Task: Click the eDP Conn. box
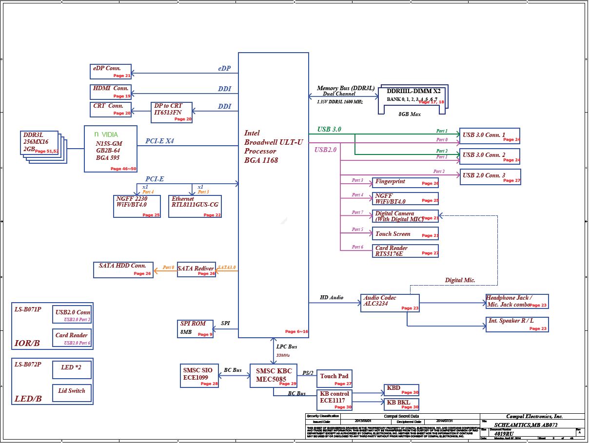click(111, 71)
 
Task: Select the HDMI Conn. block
click(112, 92)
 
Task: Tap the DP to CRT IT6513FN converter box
click(172, 112)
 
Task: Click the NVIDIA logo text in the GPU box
click(106, 134)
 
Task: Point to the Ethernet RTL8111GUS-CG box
click(195, 206)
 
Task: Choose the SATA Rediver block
click(196, 269)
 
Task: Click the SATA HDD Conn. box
click(123, 270)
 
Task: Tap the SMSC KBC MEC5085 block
click(274, 375)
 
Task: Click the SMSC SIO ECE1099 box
click(199, 375)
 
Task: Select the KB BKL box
click(401, 404)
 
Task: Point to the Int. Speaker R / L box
click(517, 325)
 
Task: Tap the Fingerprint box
click(405, 183)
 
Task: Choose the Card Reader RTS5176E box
click(405, 251)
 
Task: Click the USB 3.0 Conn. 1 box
click(490, 135)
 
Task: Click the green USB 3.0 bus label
click(329, 130)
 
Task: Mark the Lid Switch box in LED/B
click(72, 392)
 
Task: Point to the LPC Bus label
click(287, 347)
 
